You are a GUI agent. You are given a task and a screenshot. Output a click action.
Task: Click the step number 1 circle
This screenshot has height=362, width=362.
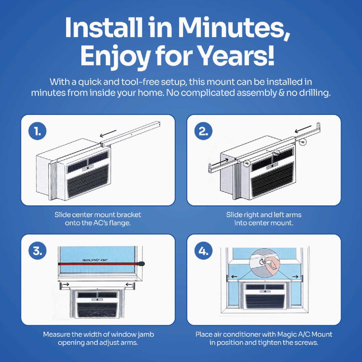coord(37,131)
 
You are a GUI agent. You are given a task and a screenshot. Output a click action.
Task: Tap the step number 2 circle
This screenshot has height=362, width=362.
coord(203,131)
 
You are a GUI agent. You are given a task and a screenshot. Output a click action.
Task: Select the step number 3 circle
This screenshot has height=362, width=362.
coord(37,251)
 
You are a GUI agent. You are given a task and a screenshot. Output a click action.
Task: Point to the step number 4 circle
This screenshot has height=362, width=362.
coord(203,251)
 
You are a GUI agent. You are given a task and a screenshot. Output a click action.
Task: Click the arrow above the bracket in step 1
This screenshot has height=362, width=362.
coord(108,133)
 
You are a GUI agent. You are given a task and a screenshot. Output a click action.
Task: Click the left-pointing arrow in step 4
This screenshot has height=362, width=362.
coord(234,277)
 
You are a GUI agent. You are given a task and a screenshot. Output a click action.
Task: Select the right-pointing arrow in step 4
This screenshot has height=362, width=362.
coord(295,277)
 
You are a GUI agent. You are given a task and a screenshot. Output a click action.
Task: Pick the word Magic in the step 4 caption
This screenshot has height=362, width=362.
coord(287,334)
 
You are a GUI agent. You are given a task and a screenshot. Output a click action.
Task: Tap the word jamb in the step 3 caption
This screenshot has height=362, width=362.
coord(146,335)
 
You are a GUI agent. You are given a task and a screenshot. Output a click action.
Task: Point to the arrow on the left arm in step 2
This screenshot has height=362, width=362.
coord(224,160)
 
